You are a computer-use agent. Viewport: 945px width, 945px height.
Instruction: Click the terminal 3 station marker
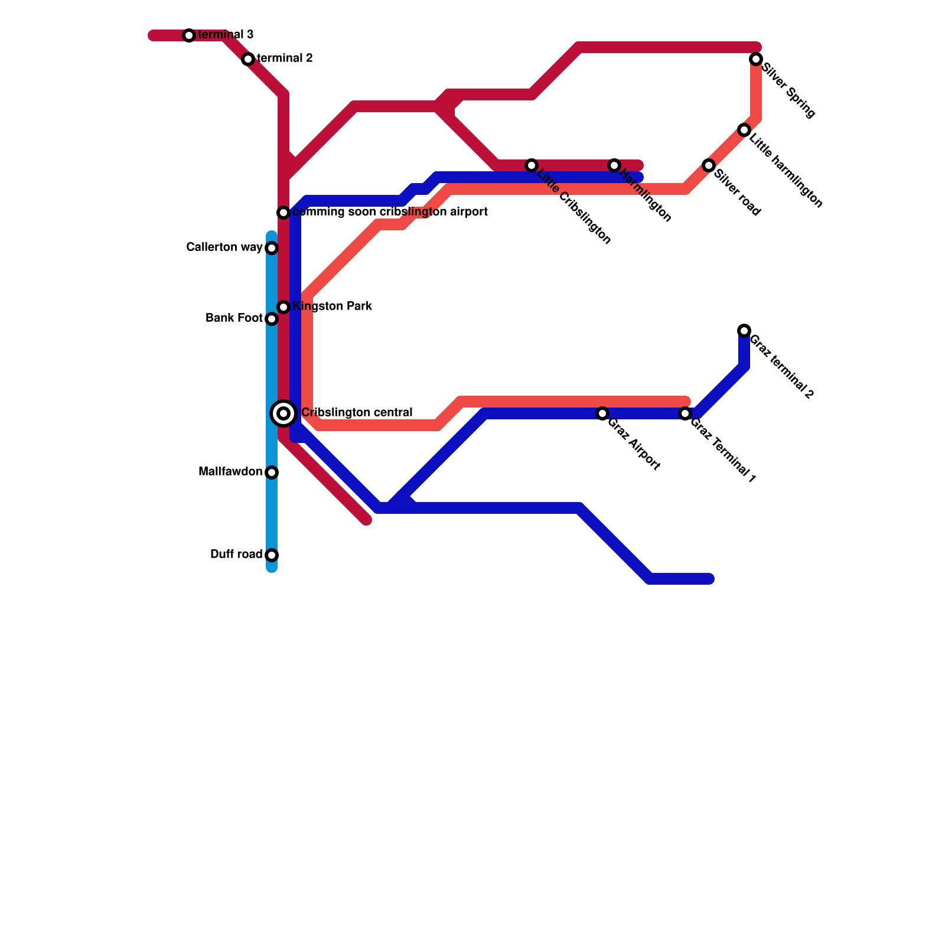tap(189, 35)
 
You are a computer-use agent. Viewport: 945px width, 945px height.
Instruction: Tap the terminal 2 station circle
tap(248, 59)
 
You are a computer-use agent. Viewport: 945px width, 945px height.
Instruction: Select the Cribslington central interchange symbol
tap(283, 413)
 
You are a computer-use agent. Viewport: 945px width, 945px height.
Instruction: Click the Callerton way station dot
tap(272, 248)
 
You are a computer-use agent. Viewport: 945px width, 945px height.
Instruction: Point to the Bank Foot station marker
tap(272, 319)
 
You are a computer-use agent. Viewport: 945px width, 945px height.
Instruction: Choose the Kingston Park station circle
tap(283, 307)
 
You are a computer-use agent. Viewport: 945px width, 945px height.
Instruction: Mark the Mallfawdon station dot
tap(272, 472)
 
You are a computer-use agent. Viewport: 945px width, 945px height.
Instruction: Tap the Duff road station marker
tap(272, 555)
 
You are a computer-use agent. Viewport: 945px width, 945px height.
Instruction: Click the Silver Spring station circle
tap(756, 59)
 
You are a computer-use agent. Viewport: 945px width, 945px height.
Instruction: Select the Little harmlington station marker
tap(744, 130)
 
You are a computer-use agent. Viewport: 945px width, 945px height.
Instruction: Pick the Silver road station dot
tap(709, 165)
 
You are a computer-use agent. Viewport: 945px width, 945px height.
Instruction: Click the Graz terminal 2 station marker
tap(744, 331)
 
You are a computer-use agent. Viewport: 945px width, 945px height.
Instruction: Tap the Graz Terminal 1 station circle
tap(685, 413)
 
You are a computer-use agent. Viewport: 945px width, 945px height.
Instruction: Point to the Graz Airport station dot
tap(602, 413)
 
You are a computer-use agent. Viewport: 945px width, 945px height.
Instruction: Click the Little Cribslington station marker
tap(532, 165)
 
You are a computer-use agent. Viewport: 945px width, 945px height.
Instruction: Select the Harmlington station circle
tap(614, 165)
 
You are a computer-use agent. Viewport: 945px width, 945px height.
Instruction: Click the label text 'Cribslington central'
tap(357, 412)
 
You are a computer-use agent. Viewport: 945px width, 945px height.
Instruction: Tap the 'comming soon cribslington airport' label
tap(390, 211)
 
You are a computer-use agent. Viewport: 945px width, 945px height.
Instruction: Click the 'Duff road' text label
tap(236, 554)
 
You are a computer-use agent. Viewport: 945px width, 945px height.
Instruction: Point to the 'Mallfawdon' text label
tap(230, 471)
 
